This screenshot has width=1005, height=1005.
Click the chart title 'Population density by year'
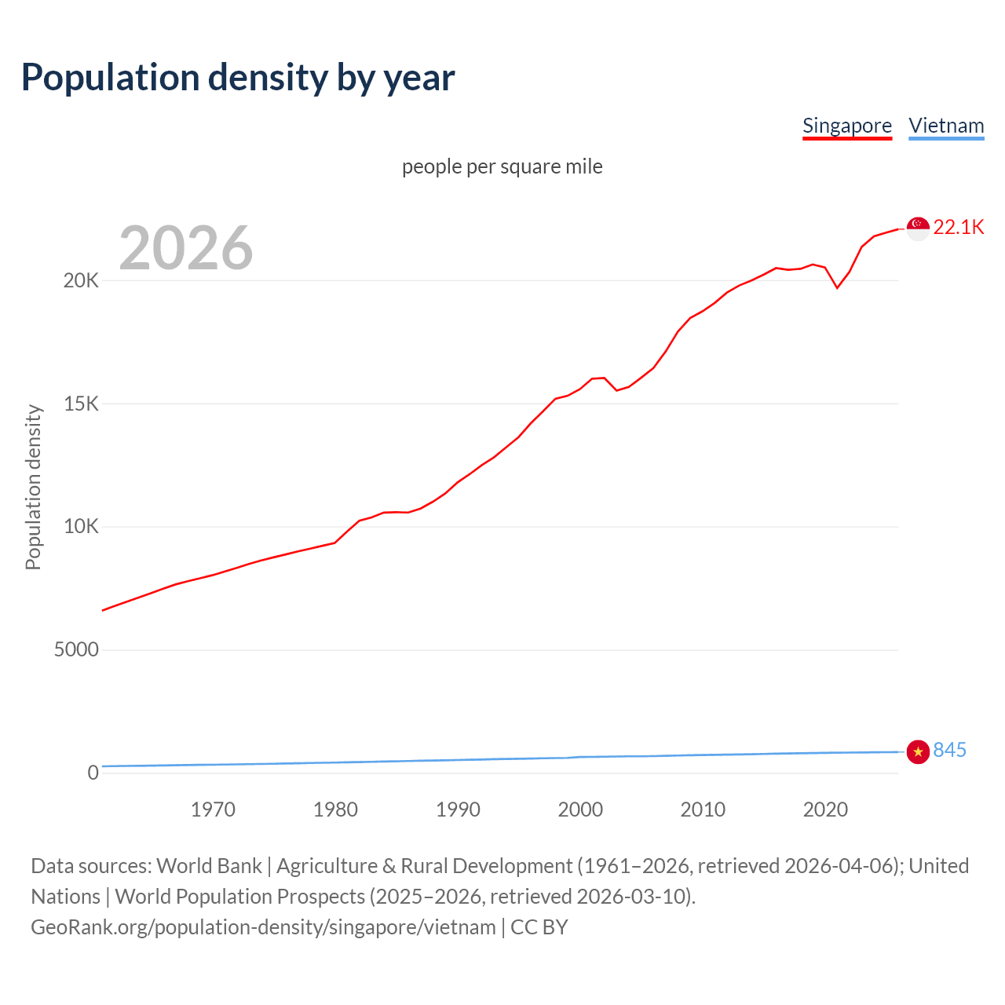pos(238,78)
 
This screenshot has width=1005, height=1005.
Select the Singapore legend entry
pos(846,126)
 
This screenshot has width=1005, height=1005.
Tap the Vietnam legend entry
pos(946,126)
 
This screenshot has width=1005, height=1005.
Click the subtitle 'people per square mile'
pos(502,166)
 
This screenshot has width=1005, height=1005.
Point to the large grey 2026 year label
pos(186,248)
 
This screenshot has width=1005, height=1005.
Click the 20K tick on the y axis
pos(81,281)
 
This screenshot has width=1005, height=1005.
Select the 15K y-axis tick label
pos(81,404)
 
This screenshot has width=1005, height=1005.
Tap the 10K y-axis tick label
pos(81,527)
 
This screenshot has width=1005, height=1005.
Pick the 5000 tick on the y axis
pos(76,650)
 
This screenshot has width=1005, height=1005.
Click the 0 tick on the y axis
pos(93,773)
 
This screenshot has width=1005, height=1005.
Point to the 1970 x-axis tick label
pos(213,809)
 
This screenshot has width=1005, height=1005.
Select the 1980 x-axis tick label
pos(335,809)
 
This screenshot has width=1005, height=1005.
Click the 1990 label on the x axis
pos(458,809)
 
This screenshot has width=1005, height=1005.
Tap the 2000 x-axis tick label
pos(580,809)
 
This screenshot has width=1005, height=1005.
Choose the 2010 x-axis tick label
pos(703,809)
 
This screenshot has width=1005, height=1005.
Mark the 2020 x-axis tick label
pos(825,809)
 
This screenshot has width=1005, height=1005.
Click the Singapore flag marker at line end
pos(918,228)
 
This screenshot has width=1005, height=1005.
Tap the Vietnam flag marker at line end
pos(918,751)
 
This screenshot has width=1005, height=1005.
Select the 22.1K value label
pos(959,228)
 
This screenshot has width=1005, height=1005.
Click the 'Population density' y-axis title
pos(33,487)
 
